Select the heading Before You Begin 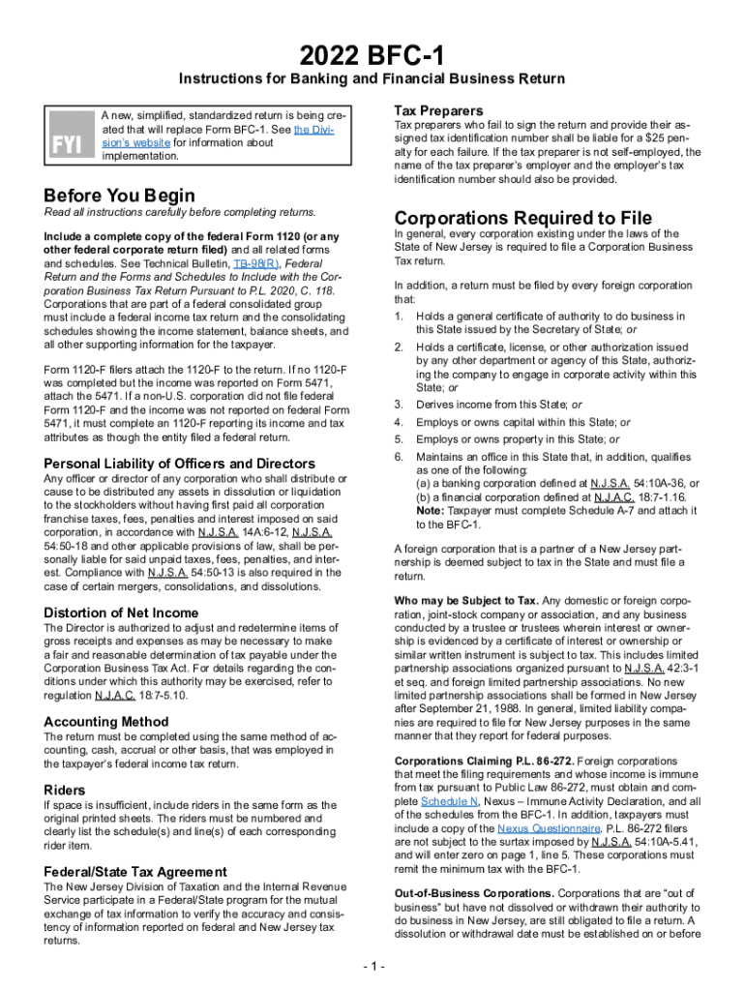point(113,195)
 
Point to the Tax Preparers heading point(438,110)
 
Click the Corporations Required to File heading point(522,217)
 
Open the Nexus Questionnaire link point(538,829)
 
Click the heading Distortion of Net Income point(121,613)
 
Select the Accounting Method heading point(106,722)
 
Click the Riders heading point(65,790)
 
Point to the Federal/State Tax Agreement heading point(135,871)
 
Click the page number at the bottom point(372,967)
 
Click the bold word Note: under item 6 point(431,510)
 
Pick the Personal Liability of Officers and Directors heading point(180,464)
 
